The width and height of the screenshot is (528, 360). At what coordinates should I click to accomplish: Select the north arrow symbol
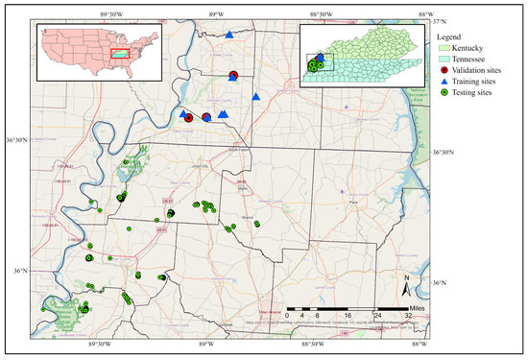[406, 283]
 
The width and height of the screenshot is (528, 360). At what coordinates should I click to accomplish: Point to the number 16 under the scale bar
[347, 316]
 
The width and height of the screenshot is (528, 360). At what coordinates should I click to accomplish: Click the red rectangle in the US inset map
[120, 53]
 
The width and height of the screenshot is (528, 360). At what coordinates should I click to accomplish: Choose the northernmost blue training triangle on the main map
[230, 35]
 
